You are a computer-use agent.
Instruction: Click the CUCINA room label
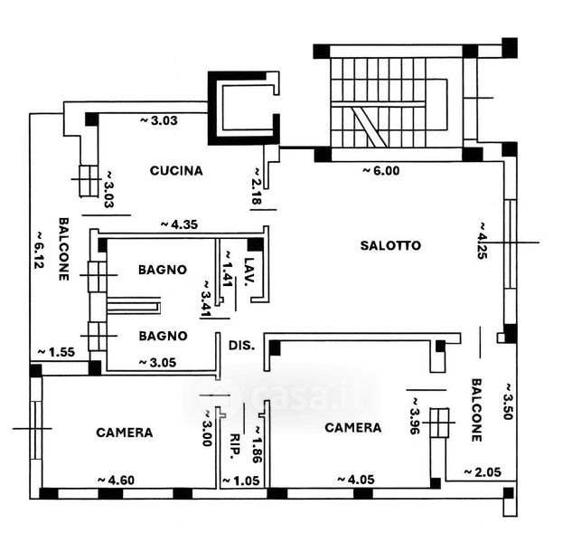click(x=176, y=170)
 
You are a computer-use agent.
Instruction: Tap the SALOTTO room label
click(x=390, y=245)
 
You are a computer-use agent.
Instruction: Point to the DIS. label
click(x=241, y=345)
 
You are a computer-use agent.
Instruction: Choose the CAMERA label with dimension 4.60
click(x=124, y=433)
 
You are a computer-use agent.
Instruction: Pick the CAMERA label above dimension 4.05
click(x=352, y=427)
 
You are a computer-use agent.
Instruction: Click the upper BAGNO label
click(x=163, y=270)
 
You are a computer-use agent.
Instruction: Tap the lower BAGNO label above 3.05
click(x=163, y=336)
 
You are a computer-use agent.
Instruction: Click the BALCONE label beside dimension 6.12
click(x=64, y=249)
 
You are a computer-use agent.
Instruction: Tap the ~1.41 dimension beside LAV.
click(x=228, y=268)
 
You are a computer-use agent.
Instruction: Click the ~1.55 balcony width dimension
click(x=56, y=352)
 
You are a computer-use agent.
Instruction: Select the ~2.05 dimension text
click(x=481, y=472)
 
